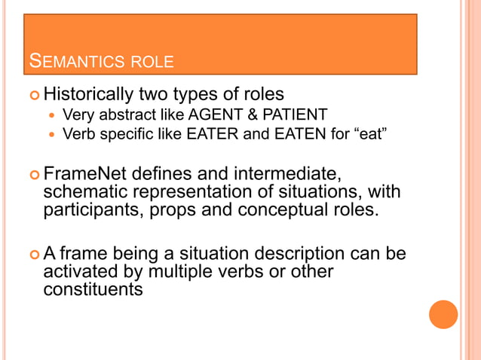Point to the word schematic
pos(88,192)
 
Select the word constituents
pos(92,288)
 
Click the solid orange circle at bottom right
pos(443,314)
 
